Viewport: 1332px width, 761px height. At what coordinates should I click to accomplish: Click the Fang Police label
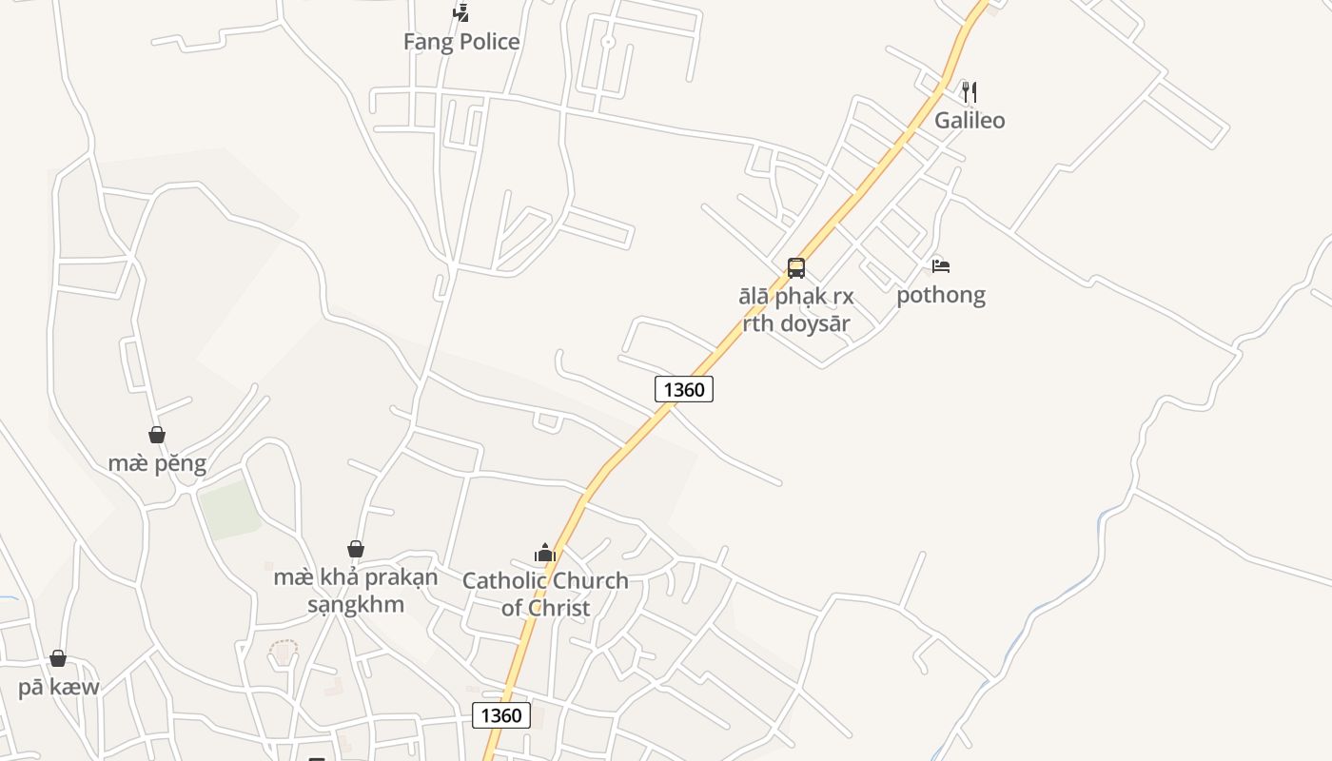click(461, 42)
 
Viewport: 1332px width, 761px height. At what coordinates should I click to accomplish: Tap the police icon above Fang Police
click(461, 13)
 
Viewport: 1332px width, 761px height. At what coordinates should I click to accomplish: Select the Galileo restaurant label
click(970, 121)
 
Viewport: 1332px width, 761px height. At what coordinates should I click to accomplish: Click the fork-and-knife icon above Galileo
click(970, 92)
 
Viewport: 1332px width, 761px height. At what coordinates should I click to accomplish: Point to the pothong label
click(941, 295)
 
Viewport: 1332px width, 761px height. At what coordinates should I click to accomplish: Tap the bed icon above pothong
click(941, 266)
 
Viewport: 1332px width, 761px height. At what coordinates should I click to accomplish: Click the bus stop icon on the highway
click(796, 268)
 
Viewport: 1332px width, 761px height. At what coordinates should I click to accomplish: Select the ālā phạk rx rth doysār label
click(796, 310)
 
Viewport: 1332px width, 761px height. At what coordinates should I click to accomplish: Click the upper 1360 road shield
click(684, 389)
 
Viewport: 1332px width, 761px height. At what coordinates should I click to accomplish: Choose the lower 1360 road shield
click(501, 715)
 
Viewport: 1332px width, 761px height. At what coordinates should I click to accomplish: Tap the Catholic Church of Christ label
click(545, 594)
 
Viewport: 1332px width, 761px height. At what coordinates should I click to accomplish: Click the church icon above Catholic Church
click(545, 553)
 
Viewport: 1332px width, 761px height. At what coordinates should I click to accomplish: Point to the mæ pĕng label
click(157, 464)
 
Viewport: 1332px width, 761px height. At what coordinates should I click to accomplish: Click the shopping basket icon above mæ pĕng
click(157, 436)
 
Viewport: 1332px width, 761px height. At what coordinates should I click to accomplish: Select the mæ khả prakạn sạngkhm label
click(356, 591)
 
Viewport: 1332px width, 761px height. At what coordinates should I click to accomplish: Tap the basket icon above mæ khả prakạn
click(356, 549)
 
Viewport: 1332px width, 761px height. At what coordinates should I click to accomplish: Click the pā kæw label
click(58, 687)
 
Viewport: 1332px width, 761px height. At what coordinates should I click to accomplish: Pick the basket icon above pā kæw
click(58, 658)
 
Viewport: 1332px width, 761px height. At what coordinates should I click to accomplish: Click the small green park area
click(229, 509)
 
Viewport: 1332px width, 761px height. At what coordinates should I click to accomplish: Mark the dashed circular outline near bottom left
click(283, 652)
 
